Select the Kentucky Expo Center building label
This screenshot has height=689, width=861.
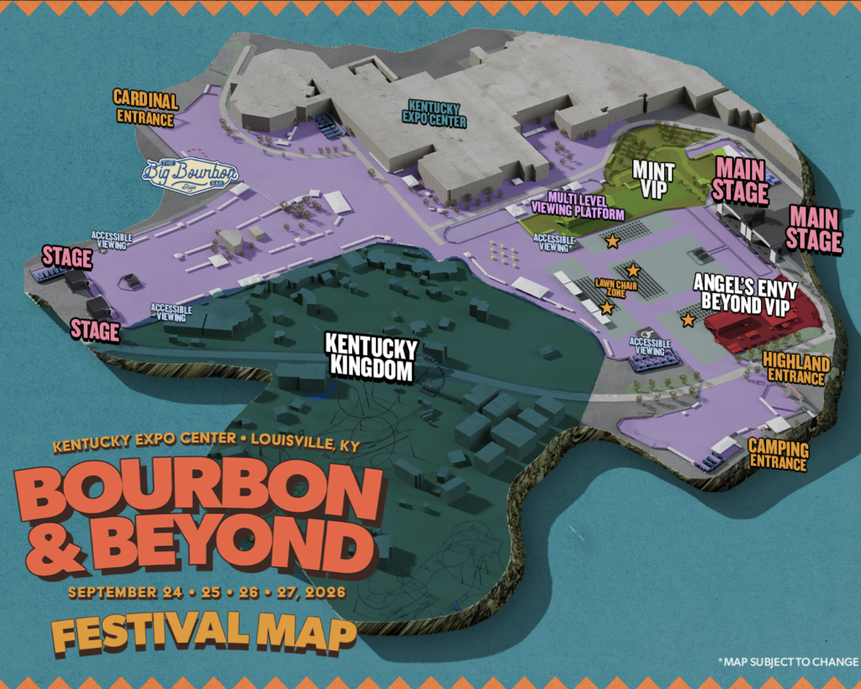436,113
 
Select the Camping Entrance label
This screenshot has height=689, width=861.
778,454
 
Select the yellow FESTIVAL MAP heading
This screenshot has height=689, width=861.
202,632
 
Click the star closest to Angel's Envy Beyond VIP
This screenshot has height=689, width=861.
688,319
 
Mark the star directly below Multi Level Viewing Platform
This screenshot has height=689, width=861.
612,241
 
